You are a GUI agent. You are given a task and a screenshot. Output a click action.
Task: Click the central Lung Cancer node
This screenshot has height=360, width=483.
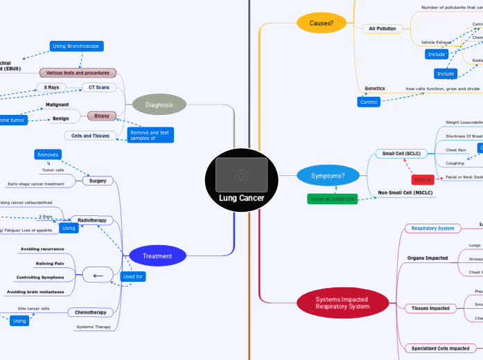pyautogui.click(x=241, y=181)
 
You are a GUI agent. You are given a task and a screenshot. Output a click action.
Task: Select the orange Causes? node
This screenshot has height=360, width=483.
pyautogui.click(x=322, y=23)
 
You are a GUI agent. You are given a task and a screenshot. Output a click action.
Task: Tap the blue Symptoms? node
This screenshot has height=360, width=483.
pyautogui.click(x=331, y=176)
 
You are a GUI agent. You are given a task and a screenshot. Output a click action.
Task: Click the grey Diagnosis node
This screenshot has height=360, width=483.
pyautogui.click(x=159, y=105)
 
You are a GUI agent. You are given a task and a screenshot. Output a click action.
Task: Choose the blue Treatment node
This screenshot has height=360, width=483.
pyautogui.click(x=157, y=256)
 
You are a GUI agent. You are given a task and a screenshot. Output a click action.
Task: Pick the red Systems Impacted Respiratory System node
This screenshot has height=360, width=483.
pyautogui.click(x=342, y=303)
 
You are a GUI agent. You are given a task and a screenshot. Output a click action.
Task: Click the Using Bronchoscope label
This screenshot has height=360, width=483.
pyautogui.click(x=77, y=46)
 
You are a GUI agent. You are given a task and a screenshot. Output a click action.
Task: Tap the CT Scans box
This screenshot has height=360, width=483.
pyautogui.click(x=99, y=87)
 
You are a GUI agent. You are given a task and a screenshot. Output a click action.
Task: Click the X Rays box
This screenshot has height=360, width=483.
pyautogui.click(x=51, y=87)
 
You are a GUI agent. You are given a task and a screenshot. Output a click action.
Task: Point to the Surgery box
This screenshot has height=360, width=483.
pyautogui.click(x=98, y=181)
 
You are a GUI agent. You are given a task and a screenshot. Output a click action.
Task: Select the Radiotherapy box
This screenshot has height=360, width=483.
pyautogui.click(x=92, y=220)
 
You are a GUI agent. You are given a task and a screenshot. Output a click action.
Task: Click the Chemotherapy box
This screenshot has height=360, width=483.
pyautogui.click(x=91, y=312)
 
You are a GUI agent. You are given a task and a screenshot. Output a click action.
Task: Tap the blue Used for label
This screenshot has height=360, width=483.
pyautogui.click(x=132, y=276)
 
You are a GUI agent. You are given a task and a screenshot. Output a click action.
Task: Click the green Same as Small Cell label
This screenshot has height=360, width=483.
pyautogui.click(x=332, y=199)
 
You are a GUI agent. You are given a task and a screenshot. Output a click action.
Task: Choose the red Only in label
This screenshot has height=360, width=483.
pyautogui.click(x=423, y=179)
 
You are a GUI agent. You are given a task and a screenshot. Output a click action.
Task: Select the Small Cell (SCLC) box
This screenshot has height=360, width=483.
pyautogui.click(x=401, y=153)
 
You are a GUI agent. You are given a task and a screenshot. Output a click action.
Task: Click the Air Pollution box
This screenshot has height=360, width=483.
pyautogui.click(x=380, y=29)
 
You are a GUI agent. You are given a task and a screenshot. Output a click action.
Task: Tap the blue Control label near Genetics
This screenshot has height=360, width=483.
pyautogui.click(x=368, y=102)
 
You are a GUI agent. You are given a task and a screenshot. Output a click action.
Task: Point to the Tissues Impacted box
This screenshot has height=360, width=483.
pyautogui.click(x=430, y=307)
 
